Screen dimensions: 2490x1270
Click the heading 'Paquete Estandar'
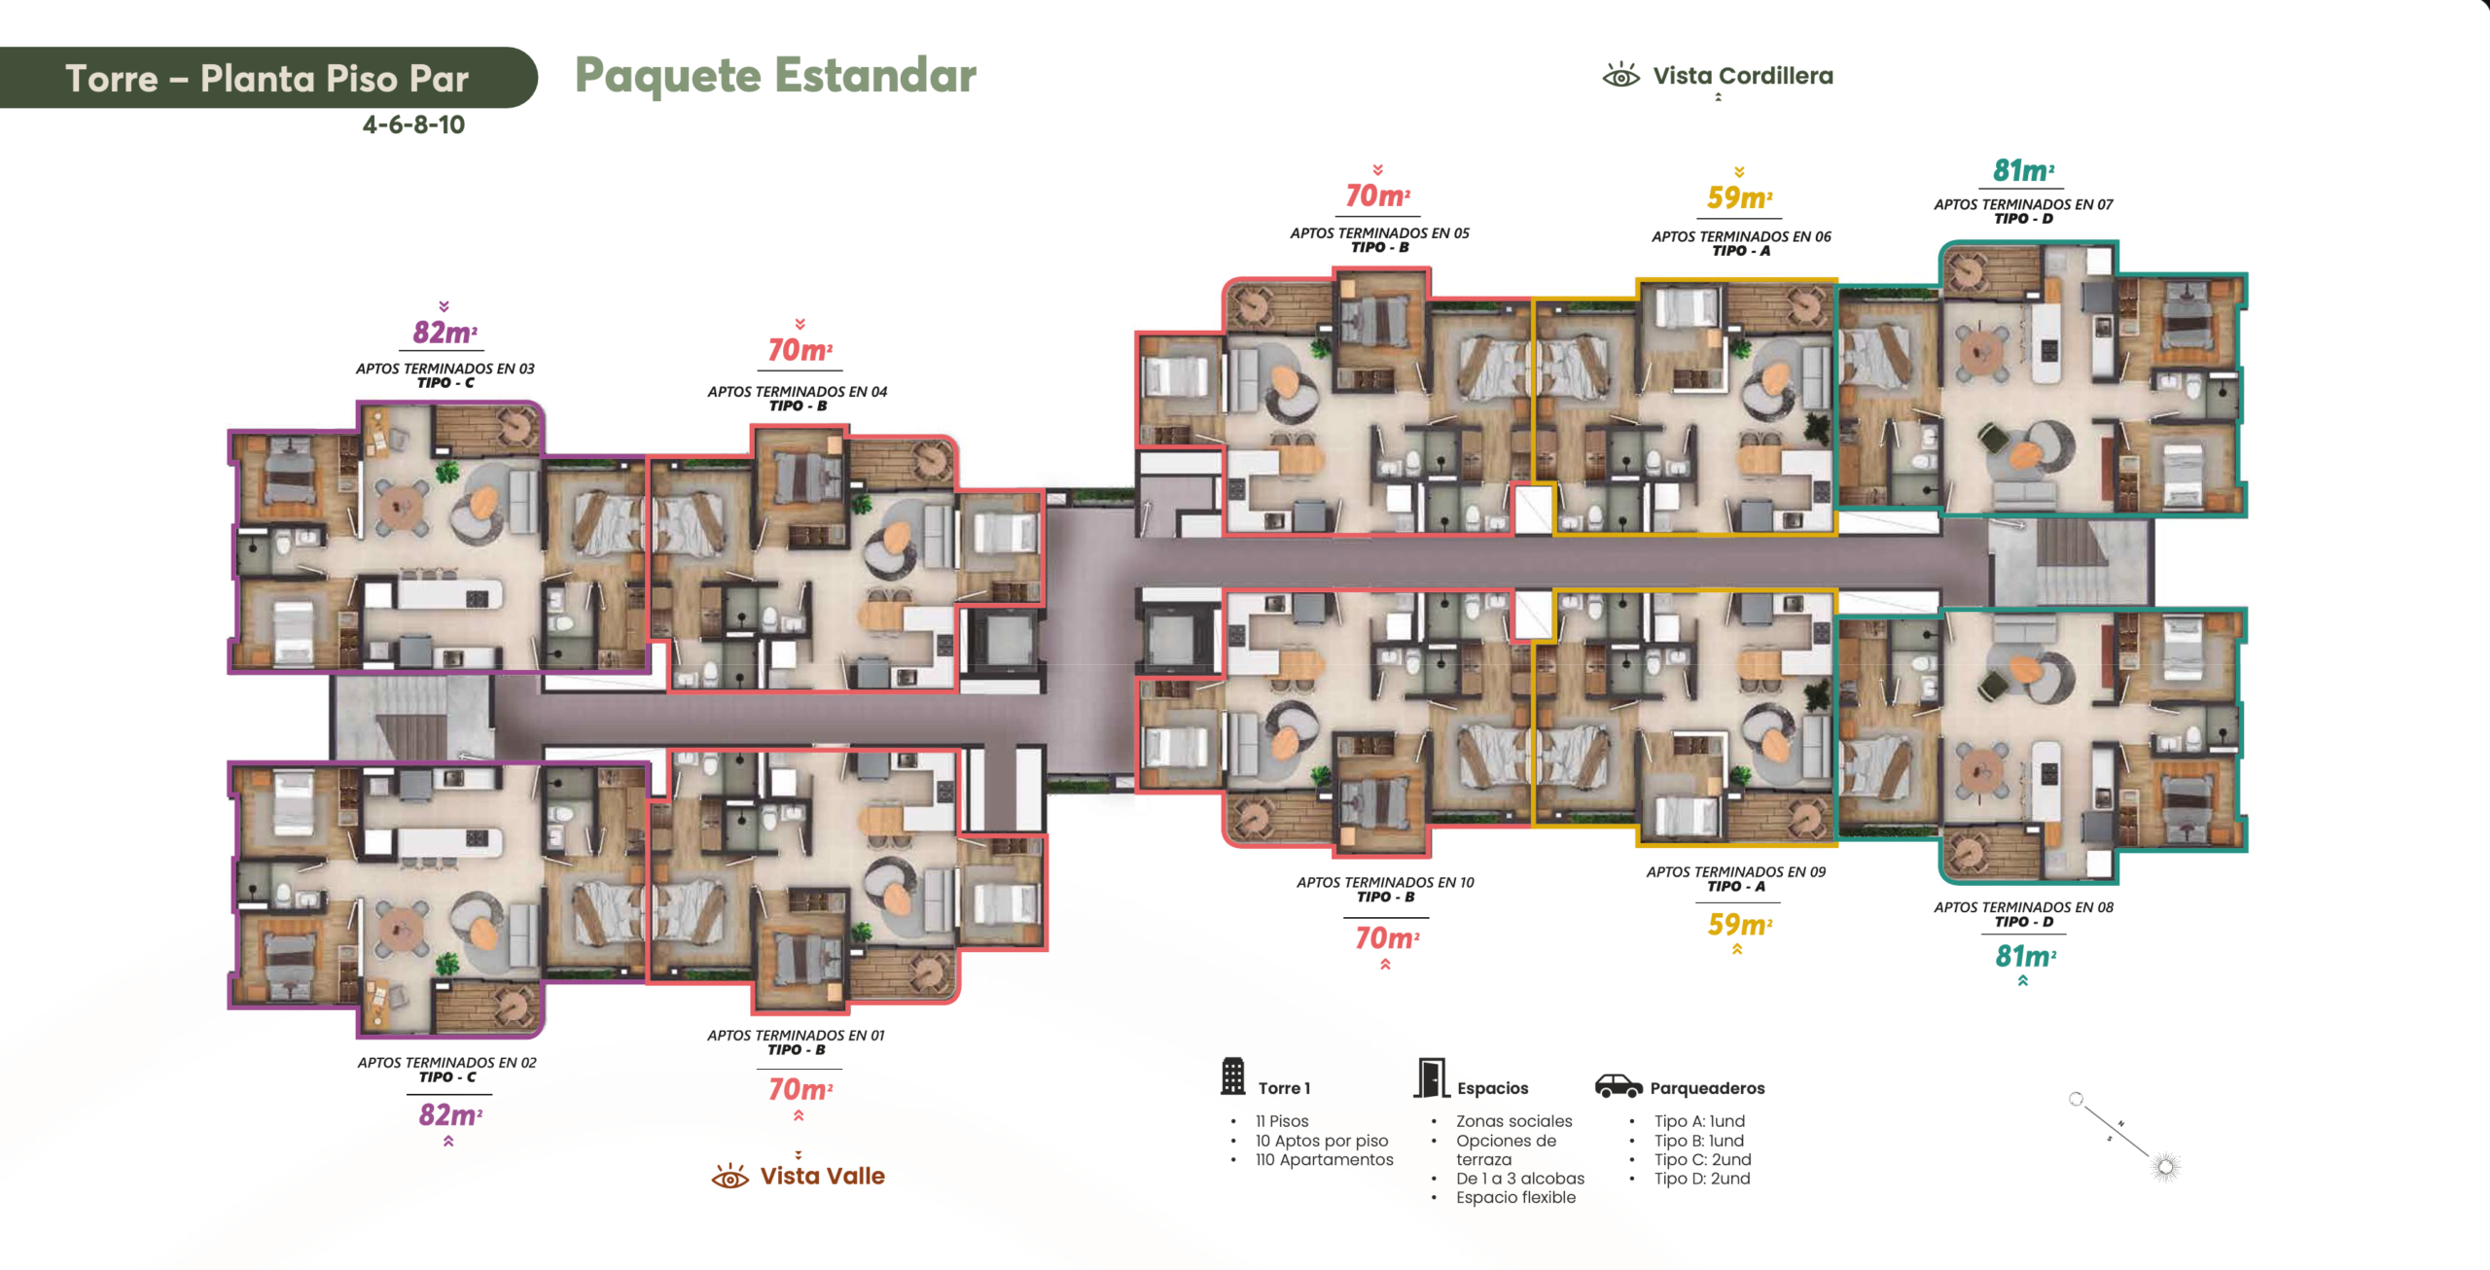click(x=775, y=76)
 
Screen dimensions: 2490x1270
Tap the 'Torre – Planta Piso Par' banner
click(x=267, y=78)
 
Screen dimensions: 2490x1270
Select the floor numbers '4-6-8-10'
click(x=413, y=124)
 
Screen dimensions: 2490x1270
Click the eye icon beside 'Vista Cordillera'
click(x=1621, y=75)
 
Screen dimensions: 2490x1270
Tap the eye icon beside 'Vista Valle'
click(x=729, y=1177)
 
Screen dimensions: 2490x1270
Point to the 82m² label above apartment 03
click(x=445, y=333)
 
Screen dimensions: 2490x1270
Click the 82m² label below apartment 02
click(x=450, y=1114)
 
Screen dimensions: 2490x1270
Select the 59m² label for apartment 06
click(x=1739, y=198)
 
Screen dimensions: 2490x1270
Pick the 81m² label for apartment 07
click(x=2023, y=171)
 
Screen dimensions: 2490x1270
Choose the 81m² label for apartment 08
click(x=2025, y=956)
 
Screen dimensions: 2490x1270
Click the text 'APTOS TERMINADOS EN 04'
click(x=798, y=392)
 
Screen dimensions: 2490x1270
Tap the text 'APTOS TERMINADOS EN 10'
click(x=1385, y=883)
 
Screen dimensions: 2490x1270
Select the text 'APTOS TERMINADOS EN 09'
click(x=1736, y=872)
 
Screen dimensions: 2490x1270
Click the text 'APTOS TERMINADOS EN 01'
click(x=796, y=1036)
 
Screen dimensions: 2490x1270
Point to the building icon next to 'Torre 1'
click(x=1233, y=1076)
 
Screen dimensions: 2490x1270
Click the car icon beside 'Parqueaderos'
click(x=1618, y=1085)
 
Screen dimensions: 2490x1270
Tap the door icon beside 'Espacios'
click(x=1430, y=1077)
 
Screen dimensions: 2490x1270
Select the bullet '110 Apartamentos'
click(x=1324, y=1160)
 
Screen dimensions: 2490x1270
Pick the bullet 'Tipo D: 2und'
click(x=1702, y=1179)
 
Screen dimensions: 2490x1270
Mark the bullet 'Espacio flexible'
click(x=1515, y=1198)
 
